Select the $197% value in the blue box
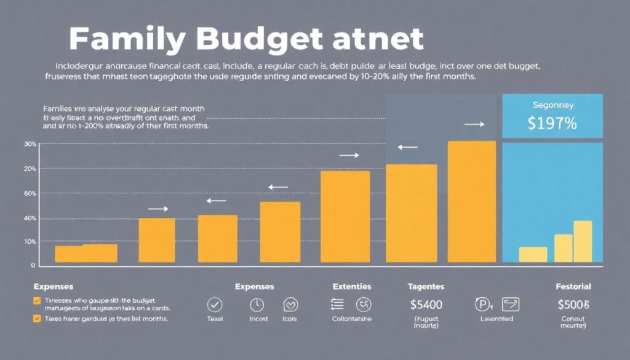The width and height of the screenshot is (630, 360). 552,123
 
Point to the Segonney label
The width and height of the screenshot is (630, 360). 552,104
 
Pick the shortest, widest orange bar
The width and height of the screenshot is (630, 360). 86,254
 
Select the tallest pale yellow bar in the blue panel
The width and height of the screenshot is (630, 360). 583,242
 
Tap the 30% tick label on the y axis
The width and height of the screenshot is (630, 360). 30,144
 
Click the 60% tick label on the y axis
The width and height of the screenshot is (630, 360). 30,194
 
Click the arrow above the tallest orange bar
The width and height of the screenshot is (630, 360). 474,124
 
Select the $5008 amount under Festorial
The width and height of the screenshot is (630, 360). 573,304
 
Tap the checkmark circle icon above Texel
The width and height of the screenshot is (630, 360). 215,304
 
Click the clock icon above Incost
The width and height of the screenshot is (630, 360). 257,304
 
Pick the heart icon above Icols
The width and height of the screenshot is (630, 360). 290,304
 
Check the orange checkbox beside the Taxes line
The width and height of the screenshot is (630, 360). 37,319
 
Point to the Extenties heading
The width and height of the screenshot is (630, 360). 351,287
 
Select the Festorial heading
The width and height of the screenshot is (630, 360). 573,287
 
